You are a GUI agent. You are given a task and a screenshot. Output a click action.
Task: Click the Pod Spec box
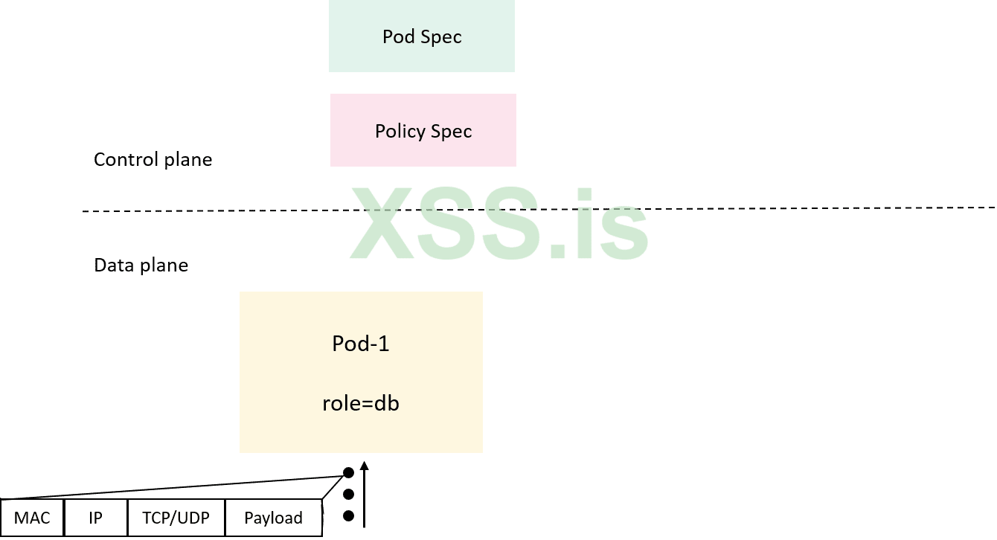point(421,36)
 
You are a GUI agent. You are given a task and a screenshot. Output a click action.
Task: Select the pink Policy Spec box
point(423,130)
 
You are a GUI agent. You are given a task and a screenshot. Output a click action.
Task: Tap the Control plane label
point(153,159)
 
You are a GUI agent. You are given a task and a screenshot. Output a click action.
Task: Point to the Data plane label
point(141,265)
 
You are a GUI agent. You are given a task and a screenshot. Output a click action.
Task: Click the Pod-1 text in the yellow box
point(360,344)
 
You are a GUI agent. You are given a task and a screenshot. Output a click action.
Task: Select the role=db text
point(360,403)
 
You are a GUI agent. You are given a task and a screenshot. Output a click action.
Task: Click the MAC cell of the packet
point(32,518)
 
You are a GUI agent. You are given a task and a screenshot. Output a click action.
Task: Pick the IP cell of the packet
point(95,518)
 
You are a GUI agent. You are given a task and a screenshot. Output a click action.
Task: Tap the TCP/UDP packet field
point(176,518)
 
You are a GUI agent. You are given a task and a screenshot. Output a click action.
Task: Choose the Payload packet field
point(273,518)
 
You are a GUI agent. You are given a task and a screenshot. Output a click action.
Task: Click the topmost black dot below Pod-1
point(348,472)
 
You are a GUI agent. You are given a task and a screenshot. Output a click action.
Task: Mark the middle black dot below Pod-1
point(348,494)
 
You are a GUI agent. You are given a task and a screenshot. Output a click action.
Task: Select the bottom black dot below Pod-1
point(348,515)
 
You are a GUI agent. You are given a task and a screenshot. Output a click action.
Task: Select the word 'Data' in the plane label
point(112,265)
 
